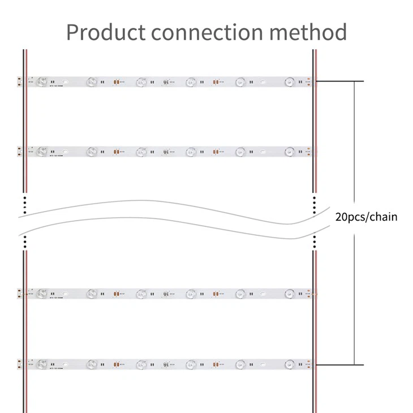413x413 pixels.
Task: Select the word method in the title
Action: [308, 32]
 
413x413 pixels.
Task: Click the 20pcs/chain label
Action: [366, 217]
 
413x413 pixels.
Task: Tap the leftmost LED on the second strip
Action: [40, 152]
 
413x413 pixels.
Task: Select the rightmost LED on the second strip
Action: [290, 152]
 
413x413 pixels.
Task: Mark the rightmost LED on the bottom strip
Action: [290, 362]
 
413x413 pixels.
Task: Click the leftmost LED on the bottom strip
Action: [40, 362]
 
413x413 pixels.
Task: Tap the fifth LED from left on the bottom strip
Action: [240, 362]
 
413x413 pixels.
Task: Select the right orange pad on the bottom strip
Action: [216, 362]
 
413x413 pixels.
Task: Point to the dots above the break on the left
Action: [25, 204]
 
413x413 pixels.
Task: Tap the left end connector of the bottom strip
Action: [20, 362]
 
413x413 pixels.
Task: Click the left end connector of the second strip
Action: [20, 152]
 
